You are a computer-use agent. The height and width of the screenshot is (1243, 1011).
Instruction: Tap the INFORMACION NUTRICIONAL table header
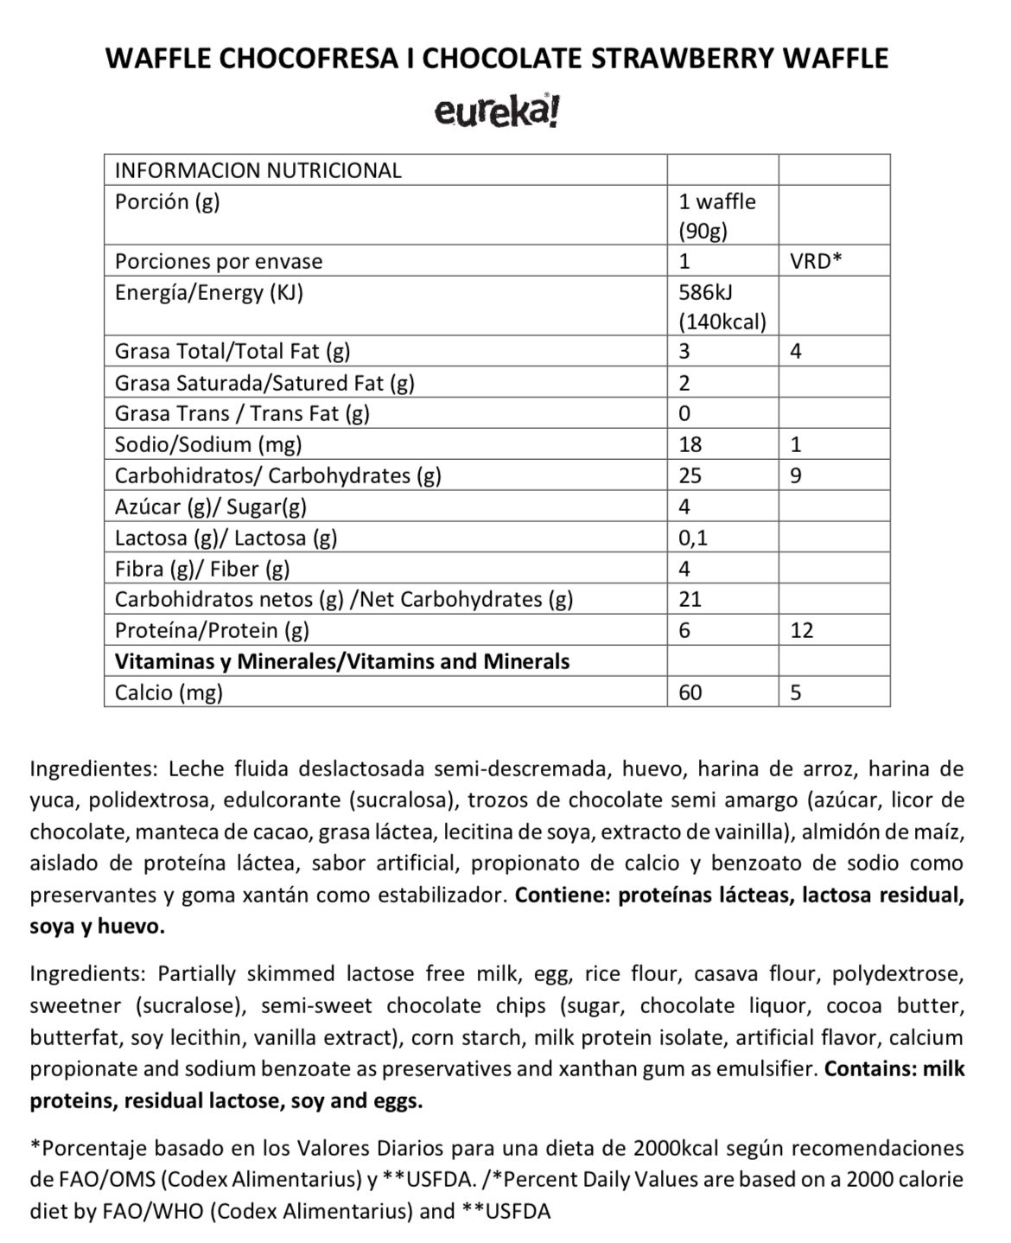258,169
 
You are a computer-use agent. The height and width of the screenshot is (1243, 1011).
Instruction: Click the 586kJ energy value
706,292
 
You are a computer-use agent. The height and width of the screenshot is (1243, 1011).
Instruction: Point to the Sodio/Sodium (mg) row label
208,444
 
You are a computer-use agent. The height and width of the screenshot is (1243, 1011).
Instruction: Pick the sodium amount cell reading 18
690,444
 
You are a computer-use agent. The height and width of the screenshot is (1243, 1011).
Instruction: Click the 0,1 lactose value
693,538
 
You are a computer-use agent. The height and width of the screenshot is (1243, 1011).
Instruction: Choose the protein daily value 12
801,630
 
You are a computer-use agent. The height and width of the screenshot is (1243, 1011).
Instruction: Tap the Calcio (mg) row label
168,692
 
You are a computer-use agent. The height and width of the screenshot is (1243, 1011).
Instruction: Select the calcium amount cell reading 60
690,692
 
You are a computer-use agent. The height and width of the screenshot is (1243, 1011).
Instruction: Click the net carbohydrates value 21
690,599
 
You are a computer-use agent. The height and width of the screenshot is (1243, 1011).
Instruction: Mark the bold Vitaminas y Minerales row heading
342,661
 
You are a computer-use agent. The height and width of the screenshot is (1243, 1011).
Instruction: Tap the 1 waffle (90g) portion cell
716,216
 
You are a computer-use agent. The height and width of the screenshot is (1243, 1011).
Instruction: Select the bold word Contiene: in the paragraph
563,895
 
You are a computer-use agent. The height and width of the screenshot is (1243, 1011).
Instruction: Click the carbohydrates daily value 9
796,475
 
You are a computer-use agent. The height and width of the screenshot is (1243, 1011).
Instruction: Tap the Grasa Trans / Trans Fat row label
242,413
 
